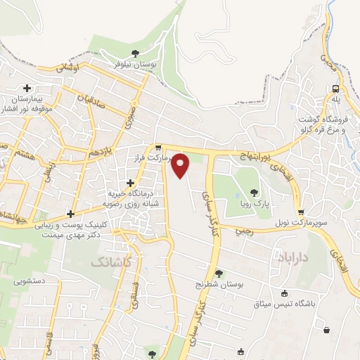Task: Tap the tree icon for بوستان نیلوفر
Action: pyautogui.click(x=135, y=53)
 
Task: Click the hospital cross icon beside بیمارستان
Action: pyautogui.click(x=27, y=89)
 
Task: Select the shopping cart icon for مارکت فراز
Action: pyautogui.click(x=158, y=148)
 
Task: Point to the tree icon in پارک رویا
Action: pyautogui.click(x=254, y=192)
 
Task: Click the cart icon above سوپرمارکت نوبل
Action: pyautogui.click(x=301, y=212)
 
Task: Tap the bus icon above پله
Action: pyautogui.click(x=336, y=89)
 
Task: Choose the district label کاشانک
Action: pyautogui.click(x=110, y=262)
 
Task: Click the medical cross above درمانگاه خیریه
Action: pyautogui.click(x=130, y=182)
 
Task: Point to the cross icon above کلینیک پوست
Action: pyautogui.click(x=70, y=214)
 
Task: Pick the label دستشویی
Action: pyautogui.click(x=29, y=281)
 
